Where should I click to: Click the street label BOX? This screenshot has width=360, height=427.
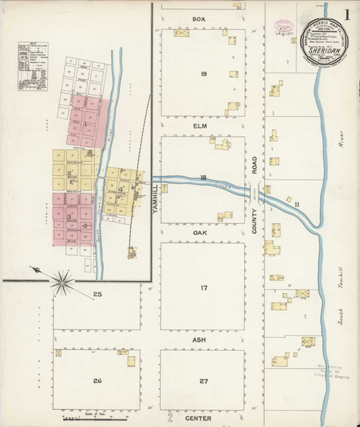(198, 19)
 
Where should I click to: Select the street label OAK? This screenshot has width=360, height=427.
(199, 232)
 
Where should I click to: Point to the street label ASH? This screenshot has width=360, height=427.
(199, 340)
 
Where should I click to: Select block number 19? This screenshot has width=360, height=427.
(203, 74)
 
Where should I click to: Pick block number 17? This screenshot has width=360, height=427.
(203, 288)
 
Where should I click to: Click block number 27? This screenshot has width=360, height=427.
(203, 381)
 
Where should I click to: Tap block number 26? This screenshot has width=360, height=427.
(97, 381)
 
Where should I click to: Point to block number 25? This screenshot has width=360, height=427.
(97, 294)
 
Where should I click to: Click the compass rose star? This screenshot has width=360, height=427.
(63, 280)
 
